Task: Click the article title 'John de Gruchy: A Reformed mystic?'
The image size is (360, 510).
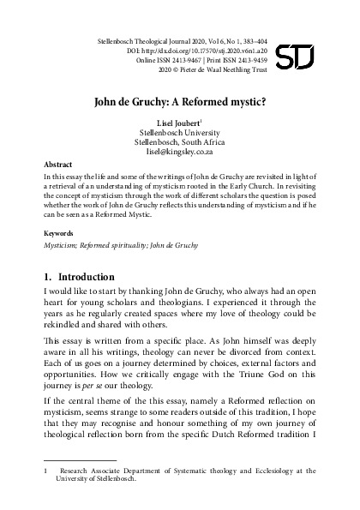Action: (180, 99)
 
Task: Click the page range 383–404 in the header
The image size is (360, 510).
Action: (274, 39)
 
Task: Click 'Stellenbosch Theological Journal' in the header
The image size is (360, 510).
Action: (142, 39)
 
